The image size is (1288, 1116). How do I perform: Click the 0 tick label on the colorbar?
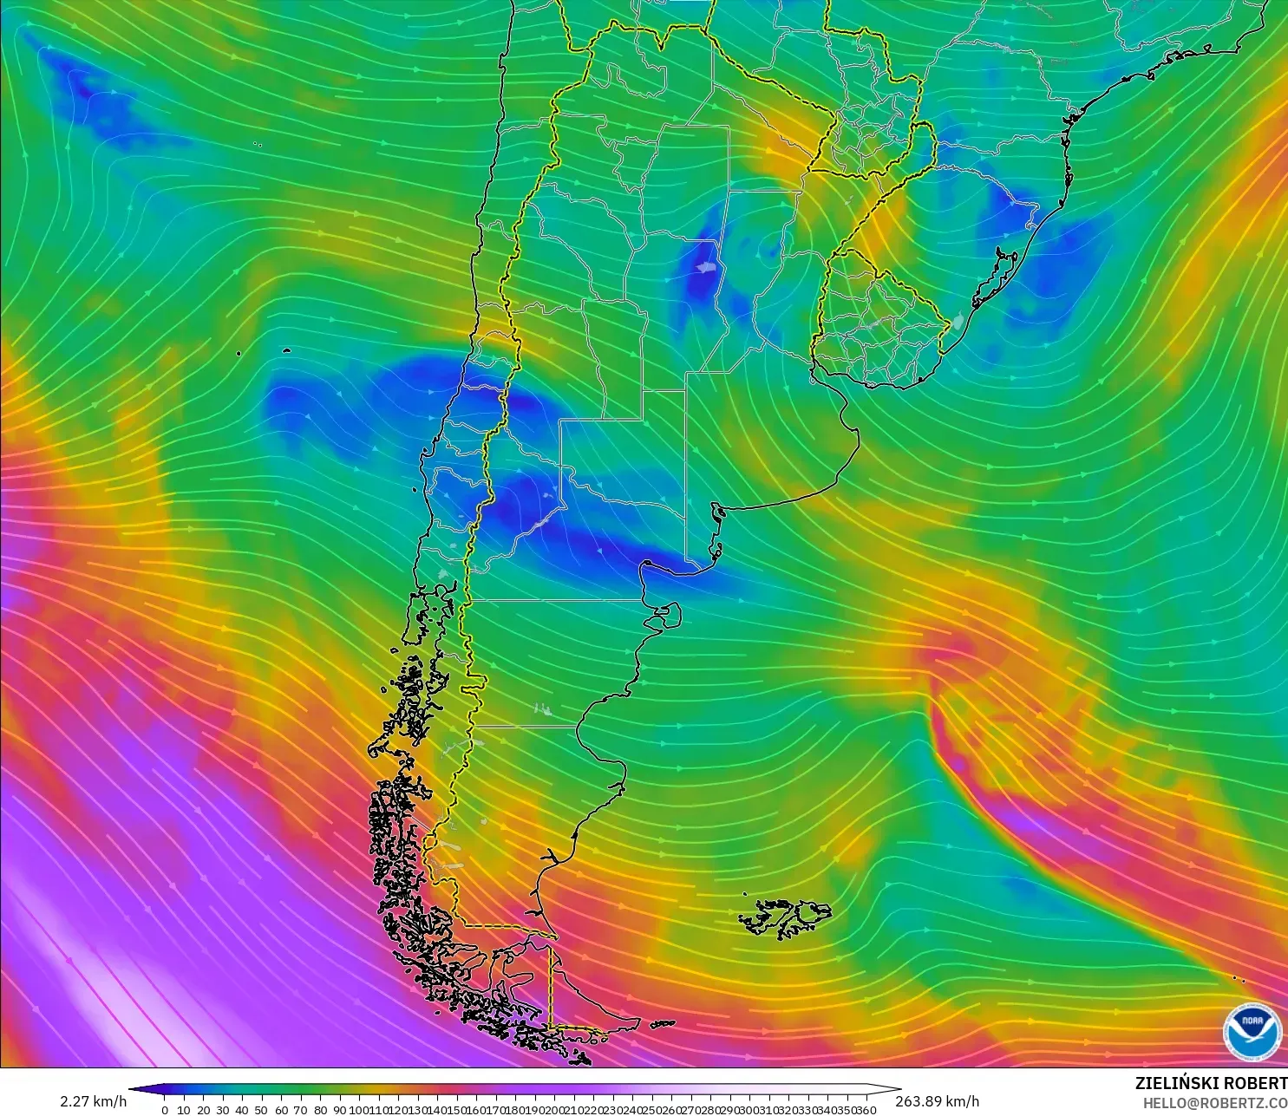(x=165, y=1110)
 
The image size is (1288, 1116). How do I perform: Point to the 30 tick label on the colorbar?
(x=223, y=1110)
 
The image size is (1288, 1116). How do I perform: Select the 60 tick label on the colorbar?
(x=281, y=1110)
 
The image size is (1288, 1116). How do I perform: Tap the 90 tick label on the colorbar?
(x=339, y=1110)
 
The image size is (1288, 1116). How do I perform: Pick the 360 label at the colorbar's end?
(x=865, y=1110)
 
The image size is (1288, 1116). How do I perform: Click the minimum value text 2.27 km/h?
(x=93, y=1101)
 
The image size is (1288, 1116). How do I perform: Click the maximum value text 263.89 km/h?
(x=937, y=1101)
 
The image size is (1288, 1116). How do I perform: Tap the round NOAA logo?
(x=1252, y=1031)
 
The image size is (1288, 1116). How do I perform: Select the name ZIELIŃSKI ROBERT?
(x=1211, y=1083)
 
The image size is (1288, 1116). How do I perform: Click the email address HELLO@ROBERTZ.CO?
(x=1214, y=1103)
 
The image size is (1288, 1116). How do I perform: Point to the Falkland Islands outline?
(x=785, y=917)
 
